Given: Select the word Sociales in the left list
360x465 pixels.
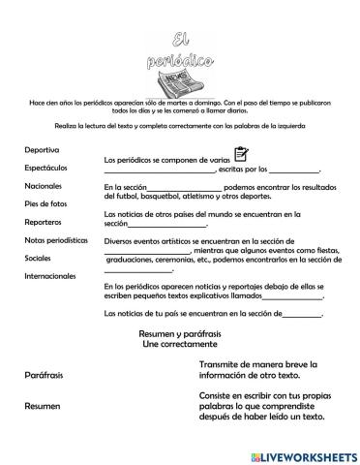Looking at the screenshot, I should (40, 258).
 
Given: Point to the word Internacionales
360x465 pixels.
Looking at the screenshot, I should (51, 276).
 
